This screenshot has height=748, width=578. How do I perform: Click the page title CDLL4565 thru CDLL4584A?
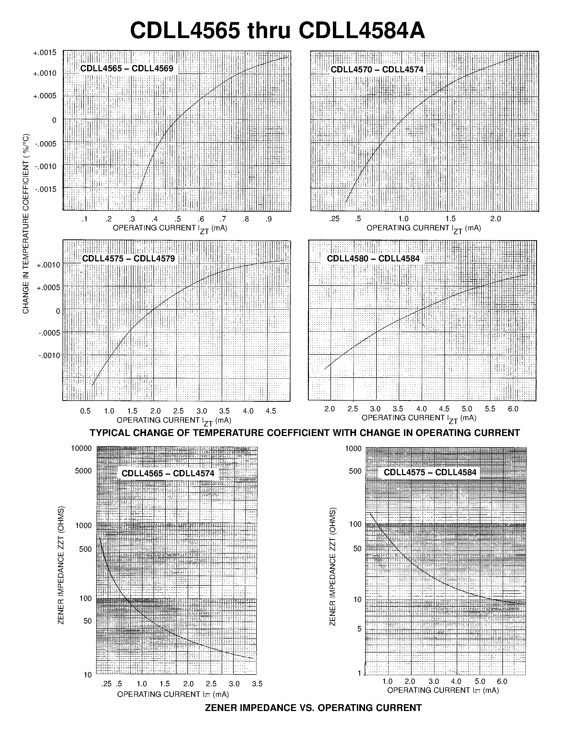[x=277, y=31]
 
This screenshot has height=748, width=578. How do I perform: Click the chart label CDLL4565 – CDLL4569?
[x=127, y=69]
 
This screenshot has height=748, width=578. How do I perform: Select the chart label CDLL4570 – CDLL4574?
[x=377, y=70]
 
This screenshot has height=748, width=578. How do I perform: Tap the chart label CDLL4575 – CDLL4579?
[x=128, y=259]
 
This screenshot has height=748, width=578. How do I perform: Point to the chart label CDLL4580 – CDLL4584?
[x=373, y=259]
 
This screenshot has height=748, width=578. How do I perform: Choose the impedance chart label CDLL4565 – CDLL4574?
[x=168, y=473]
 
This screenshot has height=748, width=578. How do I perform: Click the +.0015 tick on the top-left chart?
[x=45, y=53]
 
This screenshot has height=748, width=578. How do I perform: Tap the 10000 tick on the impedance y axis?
[x=81, y=448]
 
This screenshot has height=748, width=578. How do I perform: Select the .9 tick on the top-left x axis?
[x=269, y=219]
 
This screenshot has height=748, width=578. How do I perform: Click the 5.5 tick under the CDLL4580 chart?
[x=490, y=409]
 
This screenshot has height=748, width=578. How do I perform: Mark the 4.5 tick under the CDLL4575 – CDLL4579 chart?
[x=271, y=411]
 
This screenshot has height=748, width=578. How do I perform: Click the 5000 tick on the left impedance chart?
[x=83, y=471]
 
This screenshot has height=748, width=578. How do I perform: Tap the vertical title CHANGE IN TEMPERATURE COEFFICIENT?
[x=26, y=223]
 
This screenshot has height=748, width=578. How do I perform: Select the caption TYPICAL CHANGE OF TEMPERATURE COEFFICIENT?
[x=305, y=433]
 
